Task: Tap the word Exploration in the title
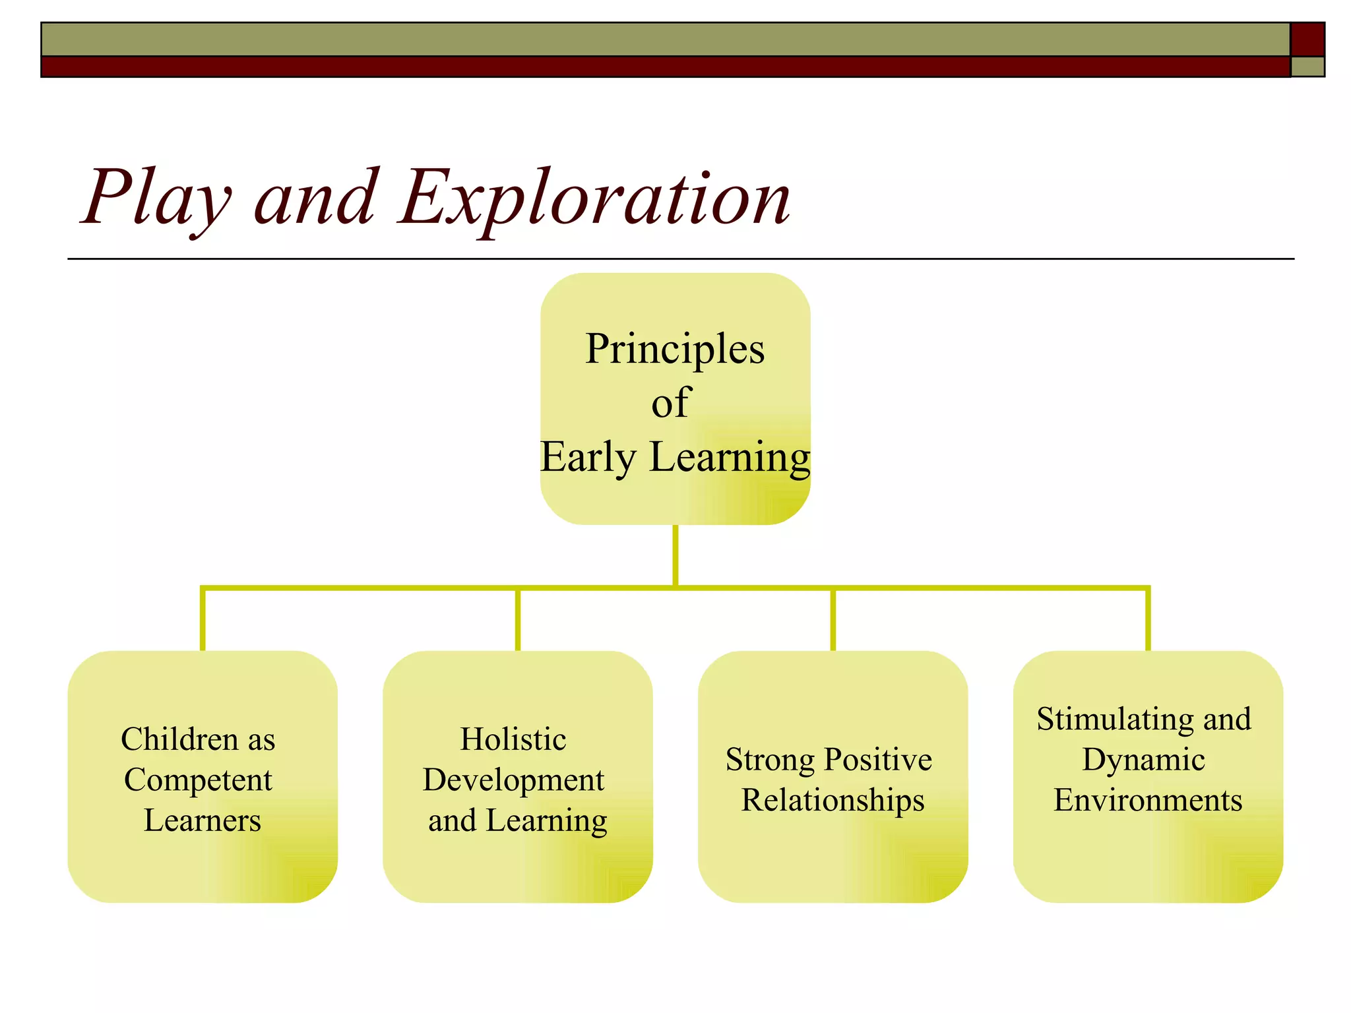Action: pos(594,198)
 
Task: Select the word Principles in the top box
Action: pos(675,350)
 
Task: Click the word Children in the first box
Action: pos(179,739)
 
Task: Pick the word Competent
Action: pos(198,780)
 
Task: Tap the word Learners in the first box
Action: pos(203,820)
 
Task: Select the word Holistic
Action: pos(513,739)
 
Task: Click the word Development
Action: pos(513,780)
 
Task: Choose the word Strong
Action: pos(770,760)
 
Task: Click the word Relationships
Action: pos(833,801)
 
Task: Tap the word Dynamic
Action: pos(1144,760)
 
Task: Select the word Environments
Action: pos(1148,801)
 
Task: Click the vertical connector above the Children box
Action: pos(203,620)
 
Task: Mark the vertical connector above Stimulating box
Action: pos(1148,620)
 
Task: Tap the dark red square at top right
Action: pos(1307,39)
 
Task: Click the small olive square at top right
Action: pos(1307,67)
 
